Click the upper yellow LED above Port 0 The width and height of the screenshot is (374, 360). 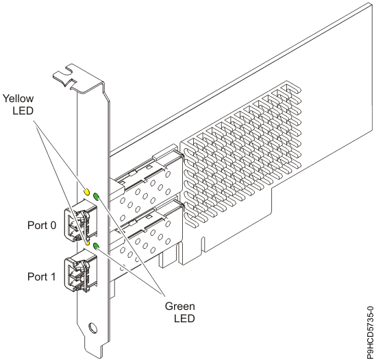point(87,192)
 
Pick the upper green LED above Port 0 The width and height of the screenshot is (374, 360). point(97,197)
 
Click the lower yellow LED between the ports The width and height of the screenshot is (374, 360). point(88,241)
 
